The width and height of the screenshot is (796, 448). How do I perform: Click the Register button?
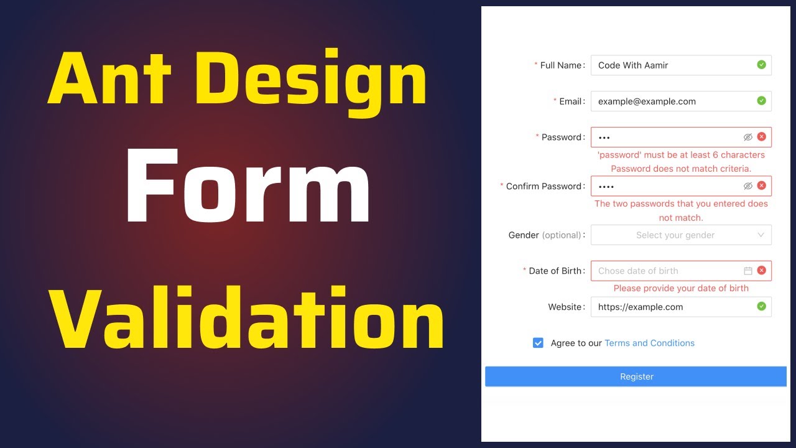[x=636, y=376]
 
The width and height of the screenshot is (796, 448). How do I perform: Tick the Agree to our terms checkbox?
[x=538, y=343]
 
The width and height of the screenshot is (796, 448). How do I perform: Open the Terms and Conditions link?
[x=649, y=343]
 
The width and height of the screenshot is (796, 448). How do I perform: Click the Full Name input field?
[x=672, y=65]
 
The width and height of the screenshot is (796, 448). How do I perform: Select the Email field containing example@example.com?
[x=672, y=101]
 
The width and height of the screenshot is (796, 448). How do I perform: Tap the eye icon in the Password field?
[x=748, y=137]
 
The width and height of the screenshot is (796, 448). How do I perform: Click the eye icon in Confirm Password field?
[x=748, y=186]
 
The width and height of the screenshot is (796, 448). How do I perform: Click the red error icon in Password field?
[x=761, y=137]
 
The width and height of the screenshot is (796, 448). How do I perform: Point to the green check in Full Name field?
[x=761, y=65]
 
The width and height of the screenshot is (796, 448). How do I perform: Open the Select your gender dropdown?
[x=681, y=235]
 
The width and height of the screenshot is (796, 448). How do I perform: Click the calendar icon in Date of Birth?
[x=748, y=271]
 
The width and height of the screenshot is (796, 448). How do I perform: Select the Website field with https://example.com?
[x=672, y=307]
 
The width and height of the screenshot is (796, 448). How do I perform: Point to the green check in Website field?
[x=761, y=306]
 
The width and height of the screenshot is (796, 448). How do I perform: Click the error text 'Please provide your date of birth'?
[x=681, y=288]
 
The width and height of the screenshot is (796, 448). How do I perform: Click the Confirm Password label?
[x=545, y=186]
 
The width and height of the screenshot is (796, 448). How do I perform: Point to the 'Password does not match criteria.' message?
[x=681, y=169]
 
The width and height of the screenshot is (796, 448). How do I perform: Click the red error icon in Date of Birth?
[x=761, y=271]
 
